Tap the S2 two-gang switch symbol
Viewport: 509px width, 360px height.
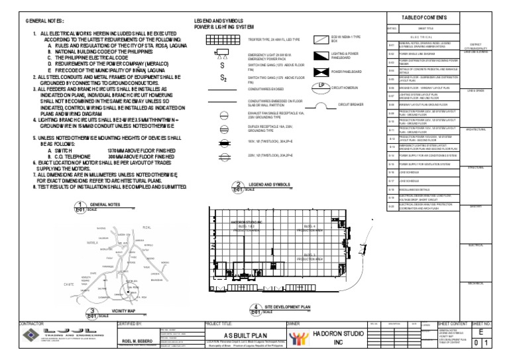[x=213, y=79]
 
